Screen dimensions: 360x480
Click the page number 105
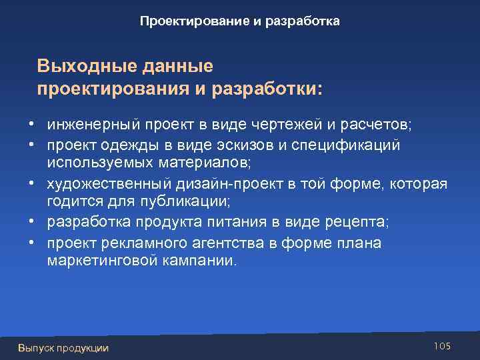pos(441,345)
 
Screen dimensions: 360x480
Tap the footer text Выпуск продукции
pos(63,348)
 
